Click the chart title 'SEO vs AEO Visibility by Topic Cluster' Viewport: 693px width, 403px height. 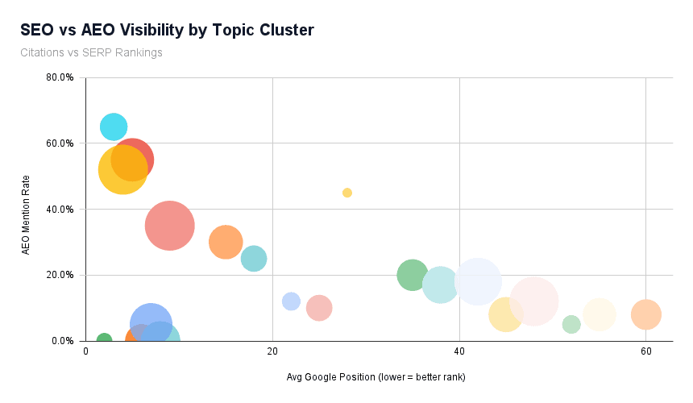tap(167, 31)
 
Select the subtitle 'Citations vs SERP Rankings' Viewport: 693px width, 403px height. tap(92, 52)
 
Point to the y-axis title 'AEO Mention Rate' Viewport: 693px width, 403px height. tap(26, 214)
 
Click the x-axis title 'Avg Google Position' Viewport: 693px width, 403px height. tap(376, 377)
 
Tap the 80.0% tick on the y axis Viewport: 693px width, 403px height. tap(60, 78)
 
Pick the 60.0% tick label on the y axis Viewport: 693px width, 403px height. tap(60, 143)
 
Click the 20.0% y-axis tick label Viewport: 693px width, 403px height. tap(60, 275)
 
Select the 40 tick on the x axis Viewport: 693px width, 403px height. tap(459, 352)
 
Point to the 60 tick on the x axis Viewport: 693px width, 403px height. tap(645, 352)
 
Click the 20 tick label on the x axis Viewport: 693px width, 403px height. tap(272, 352)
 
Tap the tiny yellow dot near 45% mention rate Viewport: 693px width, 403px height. tap(347, 193)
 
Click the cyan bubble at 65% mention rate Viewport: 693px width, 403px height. tap(114, 127)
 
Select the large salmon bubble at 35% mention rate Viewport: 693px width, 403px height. tap(169, 226)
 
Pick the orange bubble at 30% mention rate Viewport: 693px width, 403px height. tap(226, 242)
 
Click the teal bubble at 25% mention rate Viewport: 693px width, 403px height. tap(254, 259)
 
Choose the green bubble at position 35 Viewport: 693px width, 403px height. tap(412, 275)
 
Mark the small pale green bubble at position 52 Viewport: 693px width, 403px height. tap(571, 324)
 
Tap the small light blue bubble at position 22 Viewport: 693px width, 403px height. tap(291, 301)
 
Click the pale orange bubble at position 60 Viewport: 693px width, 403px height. tap(645, 314)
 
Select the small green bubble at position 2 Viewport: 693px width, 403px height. tap(104, 340)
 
